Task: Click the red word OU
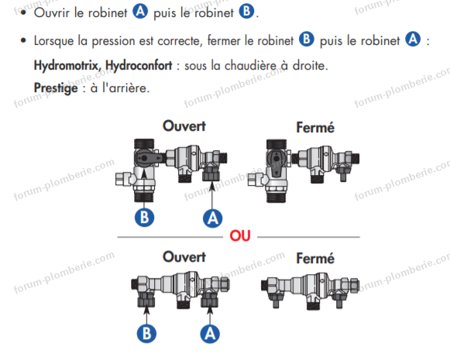click(x=240, y=236)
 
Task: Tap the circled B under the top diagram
click(x=144, y=217)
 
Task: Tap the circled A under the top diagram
click(x=213, y=218)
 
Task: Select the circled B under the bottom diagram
click(x=146, y=334)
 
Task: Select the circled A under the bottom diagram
click(x=210, y=334)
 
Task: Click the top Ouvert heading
click(x=184, y=126)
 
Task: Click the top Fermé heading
click(x=315, y=128)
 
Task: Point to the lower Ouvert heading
click(x=184, y=257)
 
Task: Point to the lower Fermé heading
click(x=315, y=258)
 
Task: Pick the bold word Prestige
click(x=56, y=88)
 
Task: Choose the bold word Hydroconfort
click(x=139, y=65)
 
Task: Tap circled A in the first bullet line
click(x=140, y=12)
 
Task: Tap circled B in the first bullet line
click(x=246, y=12)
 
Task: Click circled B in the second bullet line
click(x=307, y=39)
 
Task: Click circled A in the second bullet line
click(x=413, y=39)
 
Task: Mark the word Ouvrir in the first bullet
click(x=52, y=12)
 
